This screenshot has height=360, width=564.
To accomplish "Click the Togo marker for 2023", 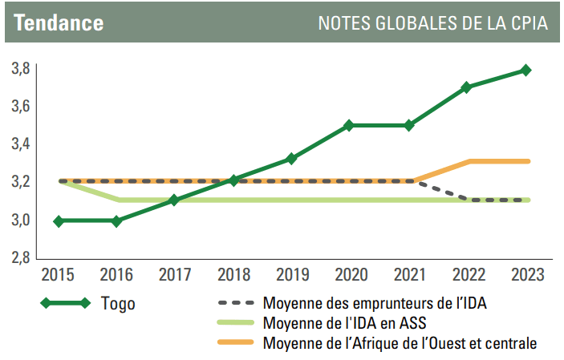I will tap(525, 71).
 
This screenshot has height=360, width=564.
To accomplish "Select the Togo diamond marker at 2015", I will tap(58, 220).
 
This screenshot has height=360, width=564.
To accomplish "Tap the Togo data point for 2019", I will tap(292, 159).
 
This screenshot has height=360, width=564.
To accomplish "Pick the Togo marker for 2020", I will tap(351, 125).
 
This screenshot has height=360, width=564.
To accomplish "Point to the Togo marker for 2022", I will tap(467, 87).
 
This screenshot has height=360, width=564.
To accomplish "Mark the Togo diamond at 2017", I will tap(175, 200).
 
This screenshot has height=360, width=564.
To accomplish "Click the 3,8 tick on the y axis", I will tap(22, 68).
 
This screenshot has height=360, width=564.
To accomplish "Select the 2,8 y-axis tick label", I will tap(22, 257).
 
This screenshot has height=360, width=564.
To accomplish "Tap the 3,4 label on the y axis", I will tap(22, 144).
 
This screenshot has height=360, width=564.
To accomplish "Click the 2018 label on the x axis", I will tap(233, 274).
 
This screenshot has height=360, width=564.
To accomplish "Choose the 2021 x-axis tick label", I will tap(409, 274).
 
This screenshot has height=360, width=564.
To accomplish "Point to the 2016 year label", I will tap(116, 274).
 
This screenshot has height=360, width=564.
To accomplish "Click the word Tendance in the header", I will tap(59, 23).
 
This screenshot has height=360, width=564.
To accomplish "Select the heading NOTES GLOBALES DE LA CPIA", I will tap(433, 23).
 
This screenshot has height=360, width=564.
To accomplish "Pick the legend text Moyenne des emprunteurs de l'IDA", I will tap(374, 304).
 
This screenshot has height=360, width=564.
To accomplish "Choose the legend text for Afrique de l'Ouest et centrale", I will tap(399, 344).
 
